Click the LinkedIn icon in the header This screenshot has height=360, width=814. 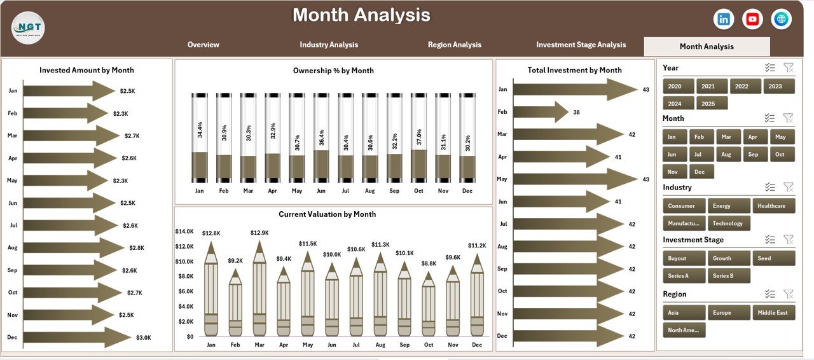point(724,19)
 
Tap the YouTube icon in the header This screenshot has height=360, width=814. point(752,19)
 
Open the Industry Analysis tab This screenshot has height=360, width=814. point(329,45)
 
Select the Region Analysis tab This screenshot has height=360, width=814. point(454,45)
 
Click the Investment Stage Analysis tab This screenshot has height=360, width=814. point(581,45)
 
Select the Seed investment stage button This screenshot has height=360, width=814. point(773,258)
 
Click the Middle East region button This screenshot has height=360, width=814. point(773,312)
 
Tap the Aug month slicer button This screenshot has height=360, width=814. point(726,155)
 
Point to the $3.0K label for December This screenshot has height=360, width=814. point(144,338)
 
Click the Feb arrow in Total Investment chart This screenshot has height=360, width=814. point(540,112)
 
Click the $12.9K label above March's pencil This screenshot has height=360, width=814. point(259,233)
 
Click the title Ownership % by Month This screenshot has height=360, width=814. point(333,71)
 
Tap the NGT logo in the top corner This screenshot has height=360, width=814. point(28,28)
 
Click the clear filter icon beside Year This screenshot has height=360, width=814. point(789,68)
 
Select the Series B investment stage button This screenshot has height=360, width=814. point(728,276)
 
